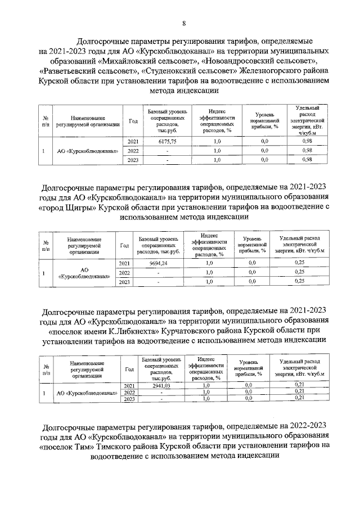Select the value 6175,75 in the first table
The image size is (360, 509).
(x=167, y=142)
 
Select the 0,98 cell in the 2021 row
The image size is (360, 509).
(x=307, y=142)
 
